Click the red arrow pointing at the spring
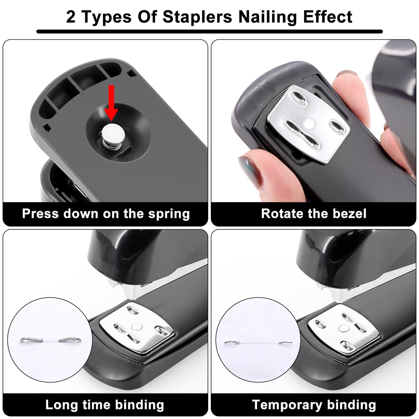coord(111,103)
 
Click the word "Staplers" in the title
coord(197,17)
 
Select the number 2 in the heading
coord(71,17)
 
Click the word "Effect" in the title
coord(328,17)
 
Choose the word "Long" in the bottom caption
coord(61,405)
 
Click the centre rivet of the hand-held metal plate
coord(309,123)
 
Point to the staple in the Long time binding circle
coord(50,340)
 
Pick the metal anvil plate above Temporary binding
coord(344,329)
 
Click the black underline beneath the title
coord(209,32)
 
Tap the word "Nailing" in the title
coord(268,17)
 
